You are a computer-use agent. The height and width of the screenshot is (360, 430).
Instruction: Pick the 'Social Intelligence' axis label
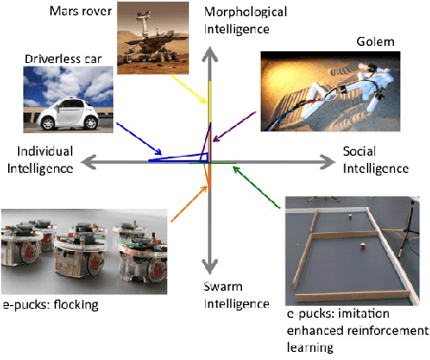pos(374,159)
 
